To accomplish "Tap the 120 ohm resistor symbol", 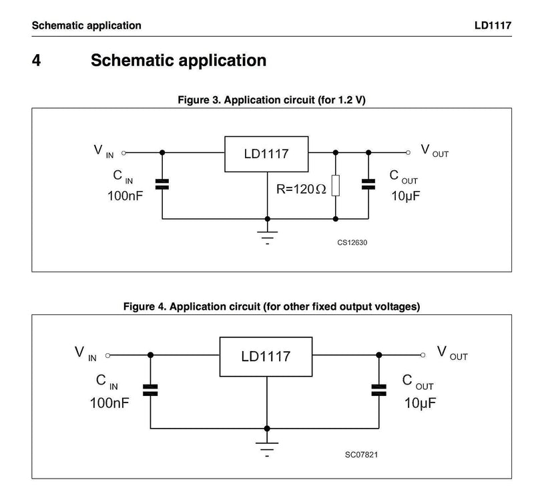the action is [336, 186].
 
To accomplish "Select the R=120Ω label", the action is [301, 189].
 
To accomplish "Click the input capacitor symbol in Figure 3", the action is [162, 184].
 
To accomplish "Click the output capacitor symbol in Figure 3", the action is [368, 184].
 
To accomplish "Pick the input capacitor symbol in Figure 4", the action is [150, 390].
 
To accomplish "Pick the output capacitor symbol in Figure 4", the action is [378, 390].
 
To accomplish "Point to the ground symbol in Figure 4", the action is [267, 449].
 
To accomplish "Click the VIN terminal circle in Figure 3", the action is [123, 153].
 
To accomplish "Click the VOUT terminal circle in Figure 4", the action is [423, 355].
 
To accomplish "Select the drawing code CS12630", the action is [352, 242].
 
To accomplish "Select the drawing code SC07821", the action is [361, 455].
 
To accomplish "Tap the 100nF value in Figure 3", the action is [125, 196].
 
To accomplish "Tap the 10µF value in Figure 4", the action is [420, 403].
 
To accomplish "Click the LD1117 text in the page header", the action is [493, 25].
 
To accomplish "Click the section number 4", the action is [37, 60].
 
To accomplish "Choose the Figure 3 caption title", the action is [272, 100].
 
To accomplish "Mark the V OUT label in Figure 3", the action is [435, 151].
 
